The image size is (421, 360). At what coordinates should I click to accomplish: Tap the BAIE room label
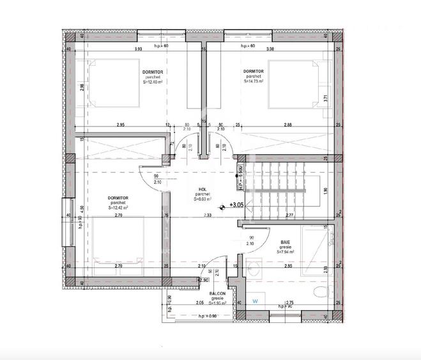click(x=284, y=242)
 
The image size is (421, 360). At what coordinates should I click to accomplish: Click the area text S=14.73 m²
click(x=254, y=81)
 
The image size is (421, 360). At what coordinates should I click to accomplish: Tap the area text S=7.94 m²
click(x=286, y=253)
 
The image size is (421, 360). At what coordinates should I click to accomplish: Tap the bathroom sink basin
click(x=254, y=268)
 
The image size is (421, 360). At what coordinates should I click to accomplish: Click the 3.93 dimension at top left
click(x=137, y=49)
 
